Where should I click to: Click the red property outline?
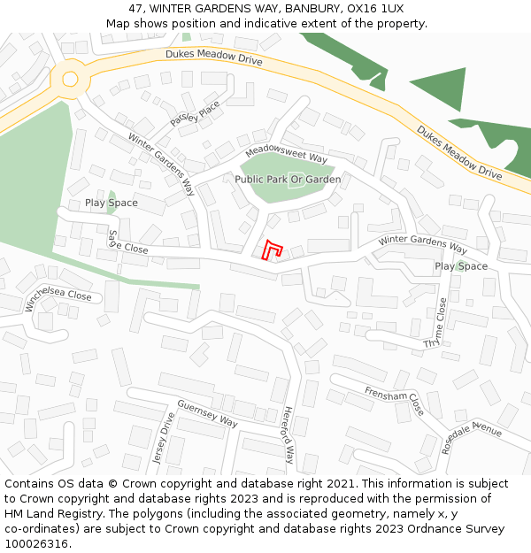(x=273, y=250)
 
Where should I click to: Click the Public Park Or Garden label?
(x=288, y=180)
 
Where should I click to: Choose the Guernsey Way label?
(x=207, y=414)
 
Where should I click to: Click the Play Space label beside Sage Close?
(x=112, y=203)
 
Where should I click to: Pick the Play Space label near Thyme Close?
(x=461, y=266)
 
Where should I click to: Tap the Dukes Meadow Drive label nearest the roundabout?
(x=214, y=58)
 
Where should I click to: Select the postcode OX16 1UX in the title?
(x=379, y=8)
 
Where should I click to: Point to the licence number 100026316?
(x=37, y=543)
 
